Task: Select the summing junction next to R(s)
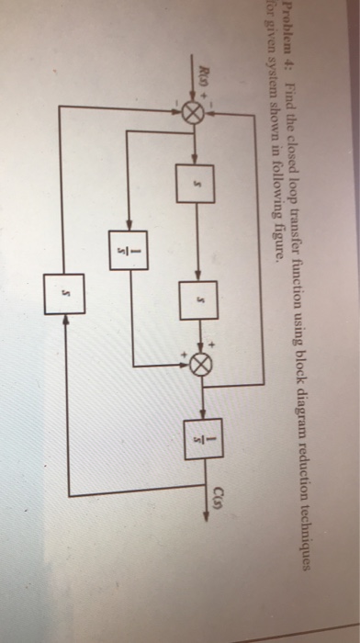[x=192, y=113]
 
